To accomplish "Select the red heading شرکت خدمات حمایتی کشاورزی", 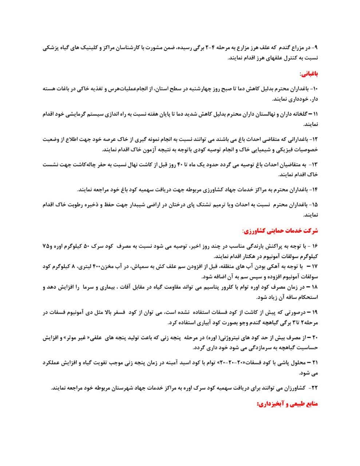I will point(280,231).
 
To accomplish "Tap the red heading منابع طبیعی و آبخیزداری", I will point(288,404).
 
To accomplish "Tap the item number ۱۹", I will point(314,313).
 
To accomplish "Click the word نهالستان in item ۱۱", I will point(265,114).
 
